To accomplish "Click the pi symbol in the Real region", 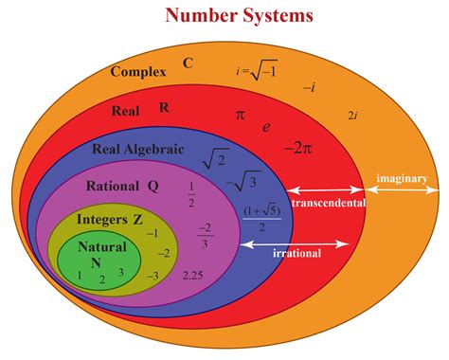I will pos(240,115).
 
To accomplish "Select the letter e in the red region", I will pos(266,125).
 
